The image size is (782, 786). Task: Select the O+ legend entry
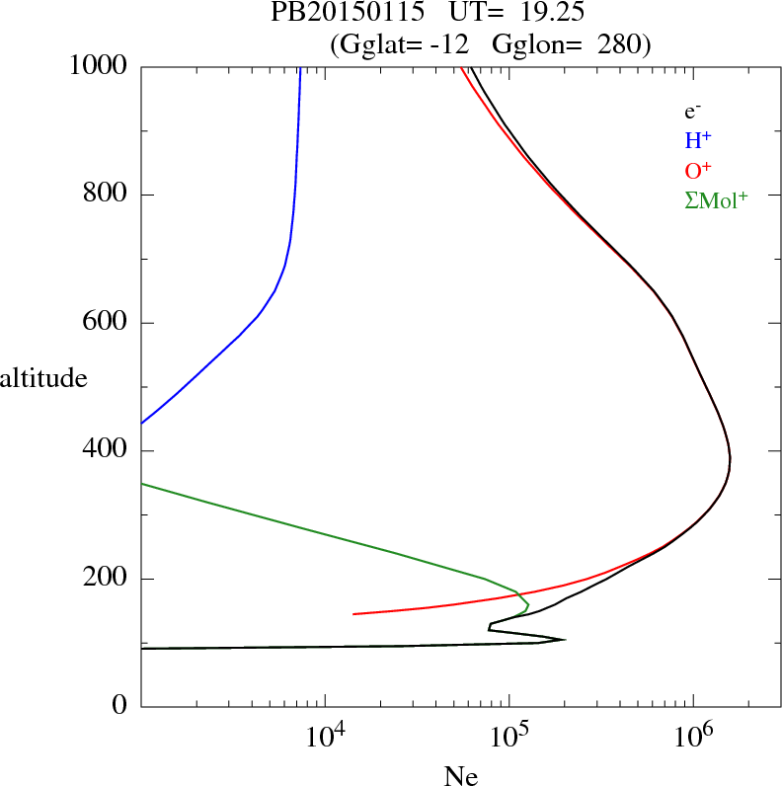pyautogui.click(x=698, y=171)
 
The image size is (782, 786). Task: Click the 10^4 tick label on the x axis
pyautogui.click(x=326, y=737)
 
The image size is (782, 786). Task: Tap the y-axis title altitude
pyautogui.click(x=43, y=377)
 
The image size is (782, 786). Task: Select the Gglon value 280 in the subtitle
pyautogui.click(x=621, y=43)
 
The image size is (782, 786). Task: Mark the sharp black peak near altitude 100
pyautogui.click(x=564, y=640)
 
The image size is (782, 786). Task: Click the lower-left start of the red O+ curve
pyautogui.click(x=353, y=614)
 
